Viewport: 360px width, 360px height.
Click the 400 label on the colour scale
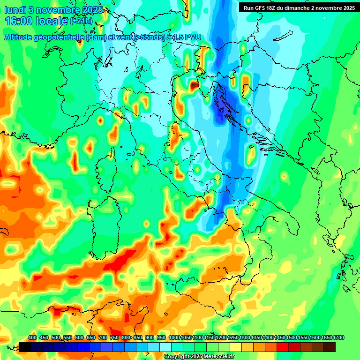[x=32, y=337]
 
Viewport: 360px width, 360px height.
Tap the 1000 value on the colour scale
[x=174, y=337]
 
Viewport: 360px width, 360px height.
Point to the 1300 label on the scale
[x=245, y=337]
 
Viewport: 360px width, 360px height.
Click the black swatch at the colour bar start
[x=25, y=347]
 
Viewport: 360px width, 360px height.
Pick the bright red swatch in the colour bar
[x=283, y=347]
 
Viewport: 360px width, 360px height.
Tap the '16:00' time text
[x=19, y=21]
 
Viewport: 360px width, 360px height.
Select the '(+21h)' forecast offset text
[x=81, y=22]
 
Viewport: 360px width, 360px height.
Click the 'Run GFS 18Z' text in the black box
[x=263, y=7]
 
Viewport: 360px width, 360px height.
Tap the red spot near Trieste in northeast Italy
[x=195, y=85]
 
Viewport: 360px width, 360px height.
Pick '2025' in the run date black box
[x=346, y=7]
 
